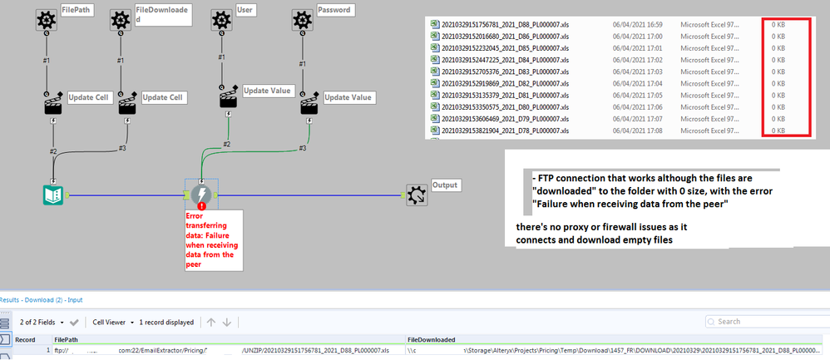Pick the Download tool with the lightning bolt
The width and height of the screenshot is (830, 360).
tap(200, 195)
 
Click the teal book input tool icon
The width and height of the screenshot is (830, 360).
tap(54, 195)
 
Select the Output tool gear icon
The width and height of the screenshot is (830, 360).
tap(417, 195)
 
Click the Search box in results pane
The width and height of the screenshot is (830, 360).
tap(765, 322)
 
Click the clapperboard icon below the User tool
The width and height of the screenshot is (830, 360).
tap(228, 99)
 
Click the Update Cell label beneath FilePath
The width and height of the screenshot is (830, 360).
tap(89, 97)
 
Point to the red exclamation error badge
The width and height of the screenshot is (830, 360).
tap(201, 205)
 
